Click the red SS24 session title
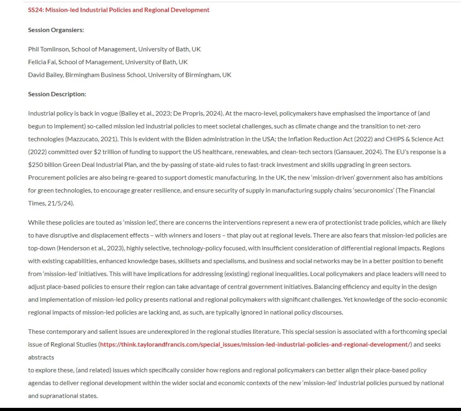click(x=118, y=10)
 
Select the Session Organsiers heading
click(x=56, y=30)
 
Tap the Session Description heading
click(x=57, y=94)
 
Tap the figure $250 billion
click(x=45, y=165)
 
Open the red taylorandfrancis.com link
click(x=255, y=345)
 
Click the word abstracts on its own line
click(x=41, y=357)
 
